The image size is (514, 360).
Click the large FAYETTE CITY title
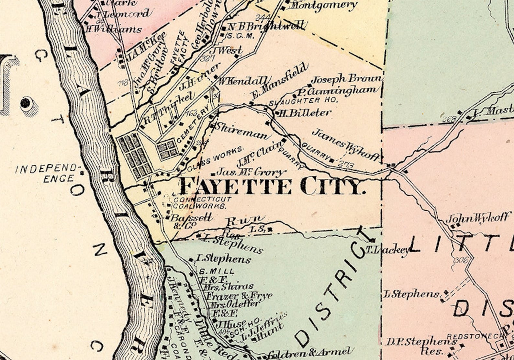coord(271,186)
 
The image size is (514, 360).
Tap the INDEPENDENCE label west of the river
coord(47,173)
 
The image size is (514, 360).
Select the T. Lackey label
coord(387,250)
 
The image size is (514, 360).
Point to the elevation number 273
coord(346,165)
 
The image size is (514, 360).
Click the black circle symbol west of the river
coord(26,104)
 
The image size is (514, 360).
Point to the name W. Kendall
coord(243,81)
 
